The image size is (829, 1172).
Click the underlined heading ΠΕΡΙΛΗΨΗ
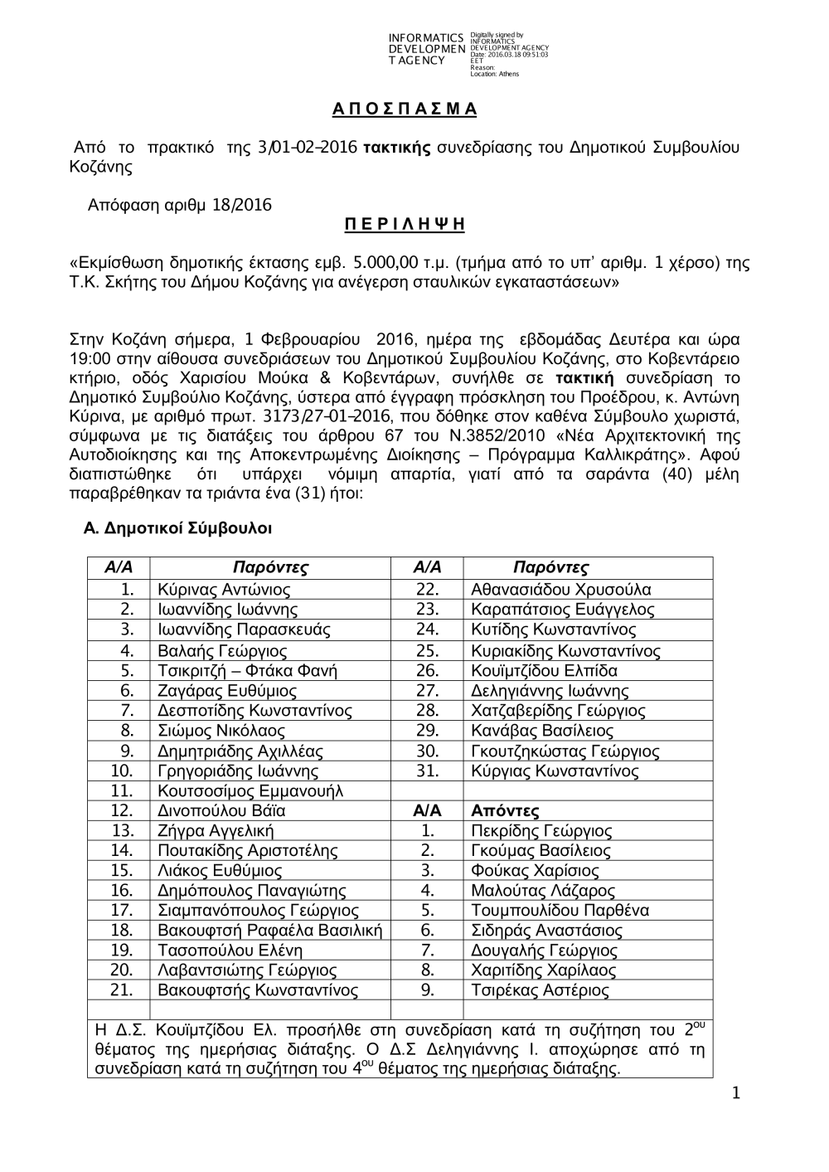coord(405,225)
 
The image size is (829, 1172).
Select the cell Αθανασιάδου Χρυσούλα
coord(560,590)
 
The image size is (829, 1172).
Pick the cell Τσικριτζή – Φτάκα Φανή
coord(247,670)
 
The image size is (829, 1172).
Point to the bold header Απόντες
coord(505,811)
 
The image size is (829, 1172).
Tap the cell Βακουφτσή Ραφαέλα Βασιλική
coord(269,931)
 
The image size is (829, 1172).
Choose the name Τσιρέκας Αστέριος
coord(540,990)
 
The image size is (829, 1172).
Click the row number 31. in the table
coord(427,771)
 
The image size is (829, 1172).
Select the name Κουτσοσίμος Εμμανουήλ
coord(250,791)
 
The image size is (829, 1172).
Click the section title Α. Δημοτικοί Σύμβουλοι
coord(178,528)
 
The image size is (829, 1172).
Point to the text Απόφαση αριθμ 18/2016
coord(180,205)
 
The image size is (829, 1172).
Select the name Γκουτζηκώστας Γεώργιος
coord(565,751)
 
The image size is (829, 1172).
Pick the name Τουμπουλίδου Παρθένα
coord(560,911)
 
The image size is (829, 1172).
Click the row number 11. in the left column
coord(122,791)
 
